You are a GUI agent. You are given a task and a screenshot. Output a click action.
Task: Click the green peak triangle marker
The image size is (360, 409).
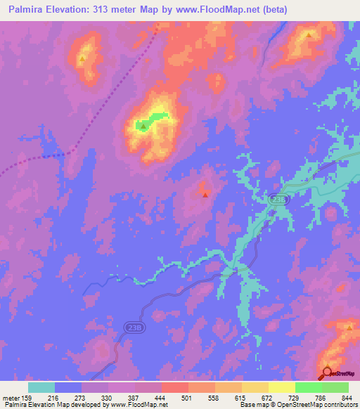(143, 126)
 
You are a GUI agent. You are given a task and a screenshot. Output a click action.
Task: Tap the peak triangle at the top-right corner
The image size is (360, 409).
(309, 34)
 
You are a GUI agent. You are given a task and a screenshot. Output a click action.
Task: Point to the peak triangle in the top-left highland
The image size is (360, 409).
(82, 59)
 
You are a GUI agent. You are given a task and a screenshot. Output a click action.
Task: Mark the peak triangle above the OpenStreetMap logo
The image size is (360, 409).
(349, 327)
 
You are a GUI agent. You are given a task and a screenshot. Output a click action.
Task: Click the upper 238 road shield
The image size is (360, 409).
(277, 200)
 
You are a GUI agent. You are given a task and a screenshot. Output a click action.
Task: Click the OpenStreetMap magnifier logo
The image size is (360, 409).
(327, 374)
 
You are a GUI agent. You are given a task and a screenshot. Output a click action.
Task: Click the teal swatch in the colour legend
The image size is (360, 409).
(41, 387)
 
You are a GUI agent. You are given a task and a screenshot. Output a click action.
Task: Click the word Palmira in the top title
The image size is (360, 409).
(27, 10)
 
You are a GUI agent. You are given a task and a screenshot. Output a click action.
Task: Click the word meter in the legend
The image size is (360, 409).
(11, 397)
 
